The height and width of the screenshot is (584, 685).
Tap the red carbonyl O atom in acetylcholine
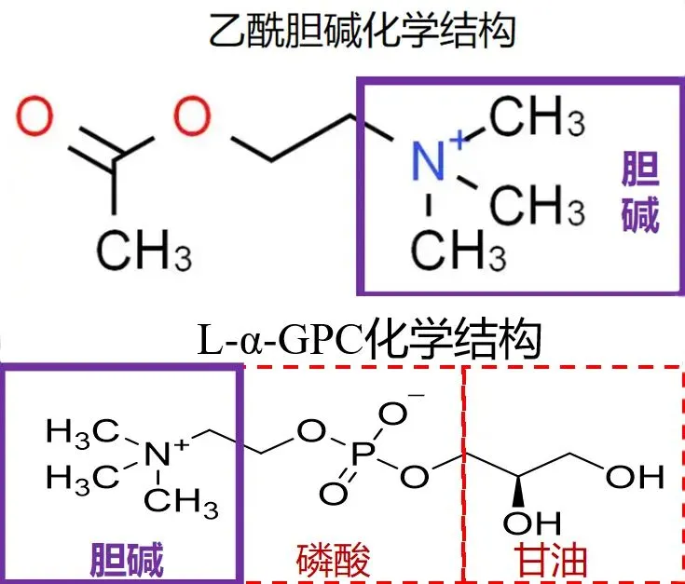coord(37,118)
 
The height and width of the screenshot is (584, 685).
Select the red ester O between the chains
coord(192,118)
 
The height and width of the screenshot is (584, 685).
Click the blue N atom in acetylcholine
coord(429,161)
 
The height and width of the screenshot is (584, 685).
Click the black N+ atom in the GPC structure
coord(160,455)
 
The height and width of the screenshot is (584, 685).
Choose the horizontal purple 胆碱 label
coord(127,560)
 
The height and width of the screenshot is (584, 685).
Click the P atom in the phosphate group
coord(366,454)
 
